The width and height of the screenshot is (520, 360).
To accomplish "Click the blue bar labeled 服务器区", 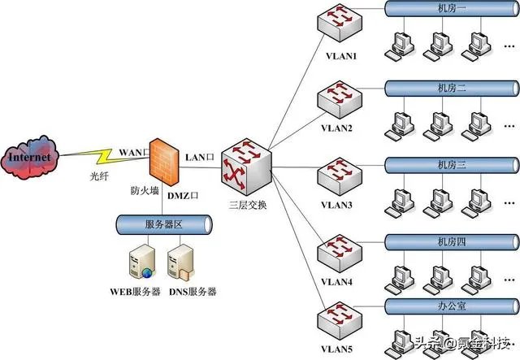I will point(162,223).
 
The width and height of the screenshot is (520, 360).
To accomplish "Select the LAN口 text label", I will point(201,154).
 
